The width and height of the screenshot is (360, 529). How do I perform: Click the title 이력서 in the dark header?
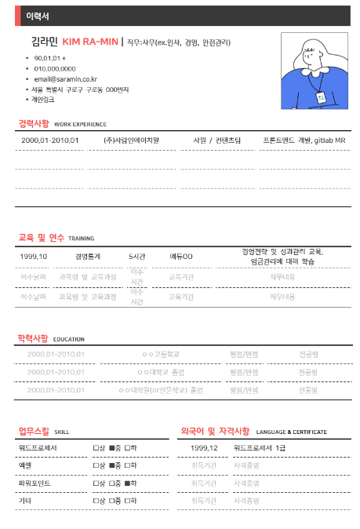tap(37, 16)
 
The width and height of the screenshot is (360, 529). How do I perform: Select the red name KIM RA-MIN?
tap(90, 42)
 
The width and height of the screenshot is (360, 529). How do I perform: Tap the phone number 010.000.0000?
tap(60, 69)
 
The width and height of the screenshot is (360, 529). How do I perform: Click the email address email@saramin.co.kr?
tap(65, 79)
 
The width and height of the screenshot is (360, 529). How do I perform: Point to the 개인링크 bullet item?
tap(43, 100)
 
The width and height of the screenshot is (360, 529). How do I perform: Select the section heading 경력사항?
tap(34, 124)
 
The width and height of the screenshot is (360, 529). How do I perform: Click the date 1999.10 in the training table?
tap(34, 256)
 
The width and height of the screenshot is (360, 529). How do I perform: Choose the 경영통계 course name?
tap(88, 256)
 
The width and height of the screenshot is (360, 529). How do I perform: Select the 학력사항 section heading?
tap(34, 338)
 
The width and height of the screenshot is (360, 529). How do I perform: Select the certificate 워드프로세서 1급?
tap(260, 447)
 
